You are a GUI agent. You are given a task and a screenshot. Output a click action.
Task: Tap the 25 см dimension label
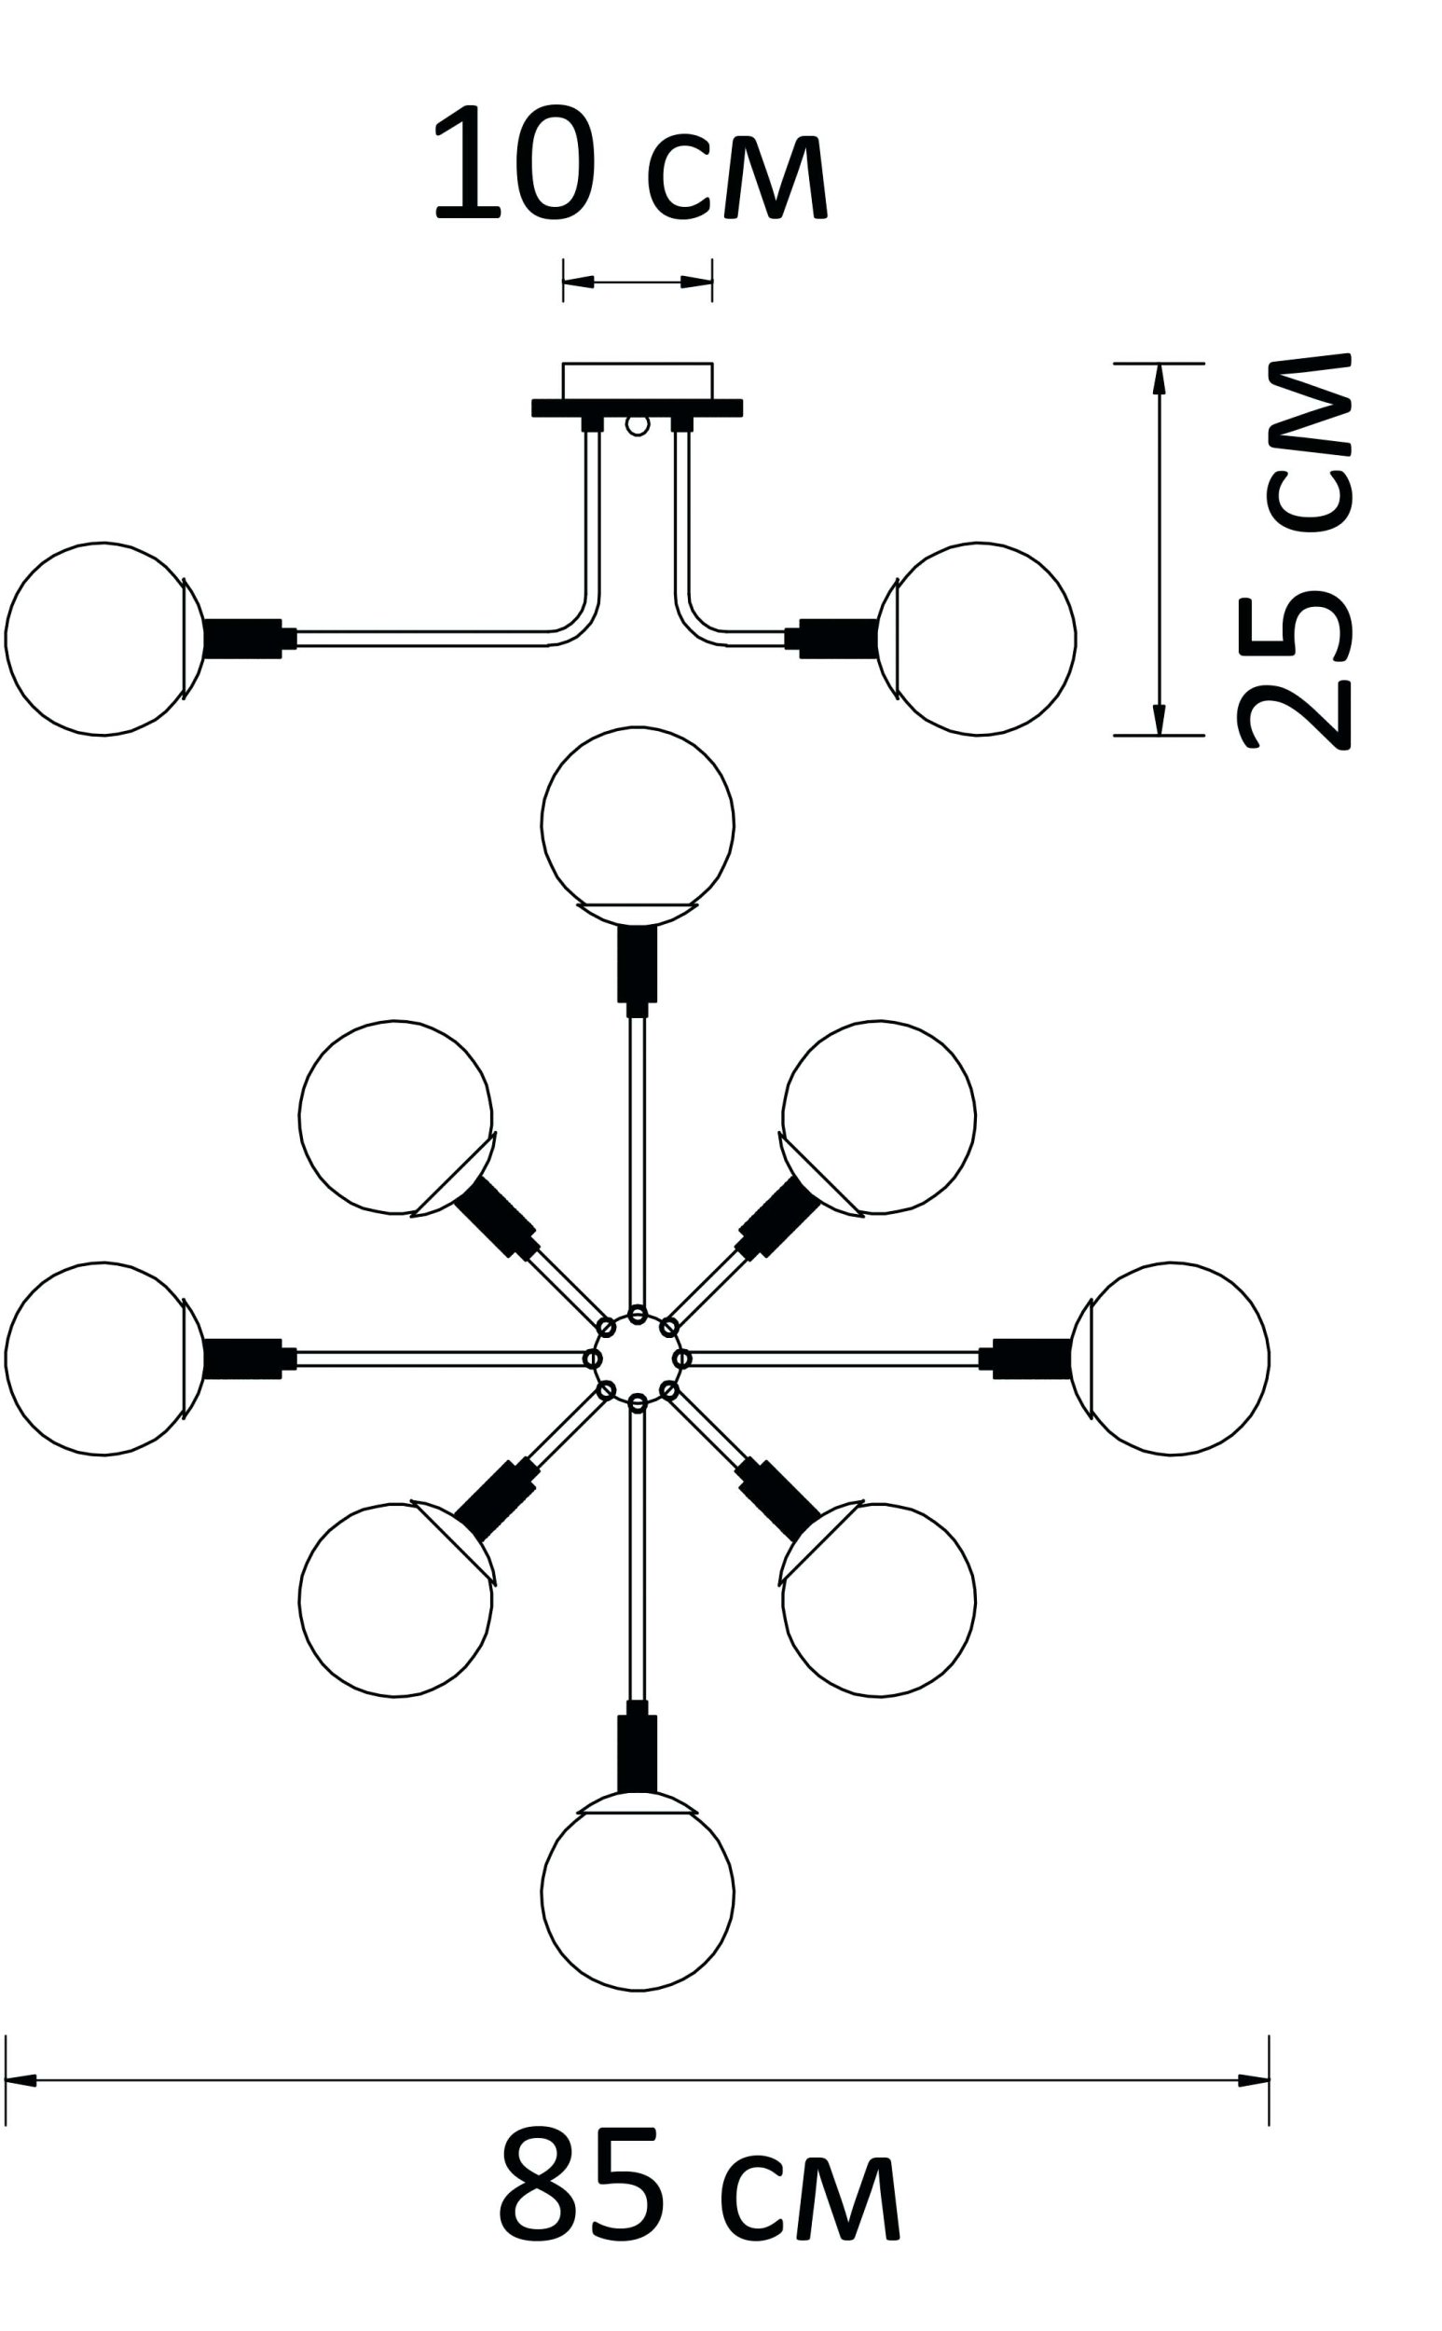click(x=1294, y=552)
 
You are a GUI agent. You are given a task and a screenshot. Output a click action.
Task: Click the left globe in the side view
click(x=103, y=639)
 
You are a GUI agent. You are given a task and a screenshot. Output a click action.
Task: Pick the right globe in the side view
click(x=978, y=639)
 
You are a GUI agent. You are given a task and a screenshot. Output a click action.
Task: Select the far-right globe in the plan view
click(x=1171, y=1359)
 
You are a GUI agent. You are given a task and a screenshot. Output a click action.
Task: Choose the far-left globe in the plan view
click(x=103, y=1359)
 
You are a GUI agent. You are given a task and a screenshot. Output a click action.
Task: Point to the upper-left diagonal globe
click(x=396, y=1117)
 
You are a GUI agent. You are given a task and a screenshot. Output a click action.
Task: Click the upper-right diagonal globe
click(x=878, y=1117)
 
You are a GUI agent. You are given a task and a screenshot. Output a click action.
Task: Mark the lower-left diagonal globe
click(x=396, y=1599)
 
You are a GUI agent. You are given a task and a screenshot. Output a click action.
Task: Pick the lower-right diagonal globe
click(x=878, y=1599)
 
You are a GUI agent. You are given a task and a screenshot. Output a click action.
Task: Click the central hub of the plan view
click(x=637, y=1359)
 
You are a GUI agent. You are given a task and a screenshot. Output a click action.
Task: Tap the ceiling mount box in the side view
click(x=637, y=380)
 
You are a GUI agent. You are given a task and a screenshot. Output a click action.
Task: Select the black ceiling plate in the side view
click(x=637, y=408)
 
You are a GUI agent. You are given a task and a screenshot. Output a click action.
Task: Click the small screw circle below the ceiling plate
click(x=637, y=425)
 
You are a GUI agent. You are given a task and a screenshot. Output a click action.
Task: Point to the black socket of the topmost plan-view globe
click(x=637, y=965)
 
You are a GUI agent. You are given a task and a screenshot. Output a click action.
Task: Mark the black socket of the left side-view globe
click(x=243, y=639)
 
